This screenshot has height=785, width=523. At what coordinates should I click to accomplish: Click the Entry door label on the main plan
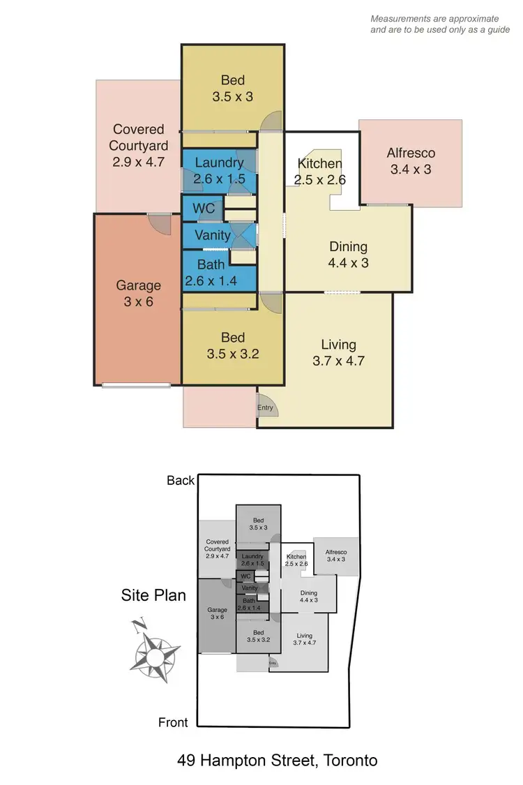coord(265,408)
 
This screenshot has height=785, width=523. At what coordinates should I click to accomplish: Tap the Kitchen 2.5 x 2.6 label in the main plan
coord(320,172)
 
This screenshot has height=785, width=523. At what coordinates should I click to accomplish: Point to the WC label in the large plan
coord(203,209)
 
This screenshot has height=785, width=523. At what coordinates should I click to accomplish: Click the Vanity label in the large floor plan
coord(212,235)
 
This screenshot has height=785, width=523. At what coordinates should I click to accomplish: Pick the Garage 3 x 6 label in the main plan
coord(138,293)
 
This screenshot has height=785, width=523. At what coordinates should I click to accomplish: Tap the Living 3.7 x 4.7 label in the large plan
coord(338,352)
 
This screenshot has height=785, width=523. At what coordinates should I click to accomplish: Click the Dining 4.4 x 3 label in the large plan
coord(347,255)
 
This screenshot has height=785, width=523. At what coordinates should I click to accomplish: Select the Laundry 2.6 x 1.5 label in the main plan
coord(219,170)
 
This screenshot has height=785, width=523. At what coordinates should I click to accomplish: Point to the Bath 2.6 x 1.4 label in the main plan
coord(211,273)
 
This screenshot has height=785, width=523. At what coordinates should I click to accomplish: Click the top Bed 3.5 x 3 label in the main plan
coord(232,89)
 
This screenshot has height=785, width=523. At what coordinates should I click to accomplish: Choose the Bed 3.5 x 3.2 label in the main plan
coord(232,345)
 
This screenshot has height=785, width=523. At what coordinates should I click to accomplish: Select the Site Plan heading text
coord(153,595)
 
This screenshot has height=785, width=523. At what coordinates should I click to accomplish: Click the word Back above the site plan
coord(180,480)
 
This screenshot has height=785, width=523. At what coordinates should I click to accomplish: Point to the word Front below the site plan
coord(172,722)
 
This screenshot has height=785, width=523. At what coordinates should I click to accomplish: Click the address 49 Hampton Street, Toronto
coord(277,760)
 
